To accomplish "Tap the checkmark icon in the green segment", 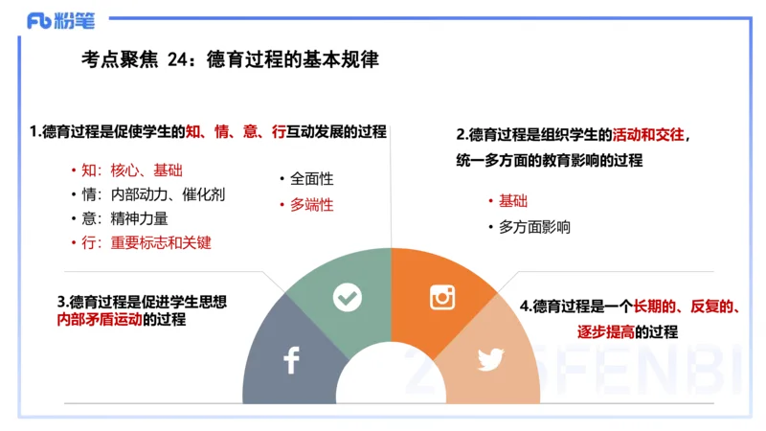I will pyautogui.click(x=347, y=298).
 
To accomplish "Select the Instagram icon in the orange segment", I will pyautogui.click(x=441, y=297).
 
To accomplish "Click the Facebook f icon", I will pyautogui.click(x=291, y=360).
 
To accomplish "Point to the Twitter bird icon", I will pyautogui.click(x=490, y=360).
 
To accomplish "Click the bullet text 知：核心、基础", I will pyautogui.click(x=130, y=170).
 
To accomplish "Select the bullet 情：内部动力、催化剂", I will pyautogui.click(x=153, y=194).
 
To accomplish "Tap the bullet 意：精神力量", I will pyautogui.click(x=124, y=218).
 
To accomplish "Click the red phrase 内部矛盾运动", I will pyautogui.click(x=100, y=320).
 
